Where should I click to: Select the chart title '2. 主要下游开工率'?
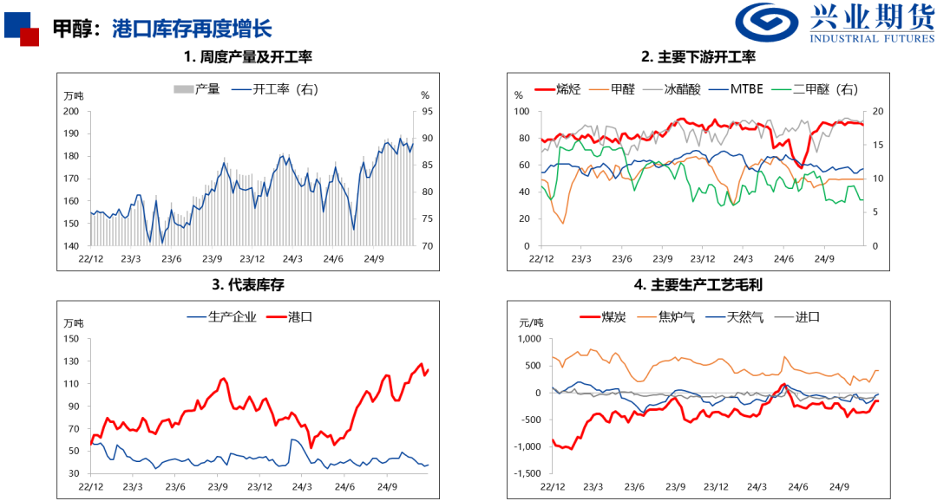click(698, 57)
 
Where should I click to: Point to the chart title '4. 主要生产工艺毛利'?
click(698, 284)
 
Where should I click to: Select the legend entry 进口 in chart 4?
click(808, 317)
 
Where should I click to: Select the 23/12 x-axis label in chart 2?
click(703, 258)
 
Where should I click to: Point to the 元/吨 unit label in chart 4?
click(531, 322)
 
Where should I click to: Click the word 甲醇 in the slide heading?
click(70, 29)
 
